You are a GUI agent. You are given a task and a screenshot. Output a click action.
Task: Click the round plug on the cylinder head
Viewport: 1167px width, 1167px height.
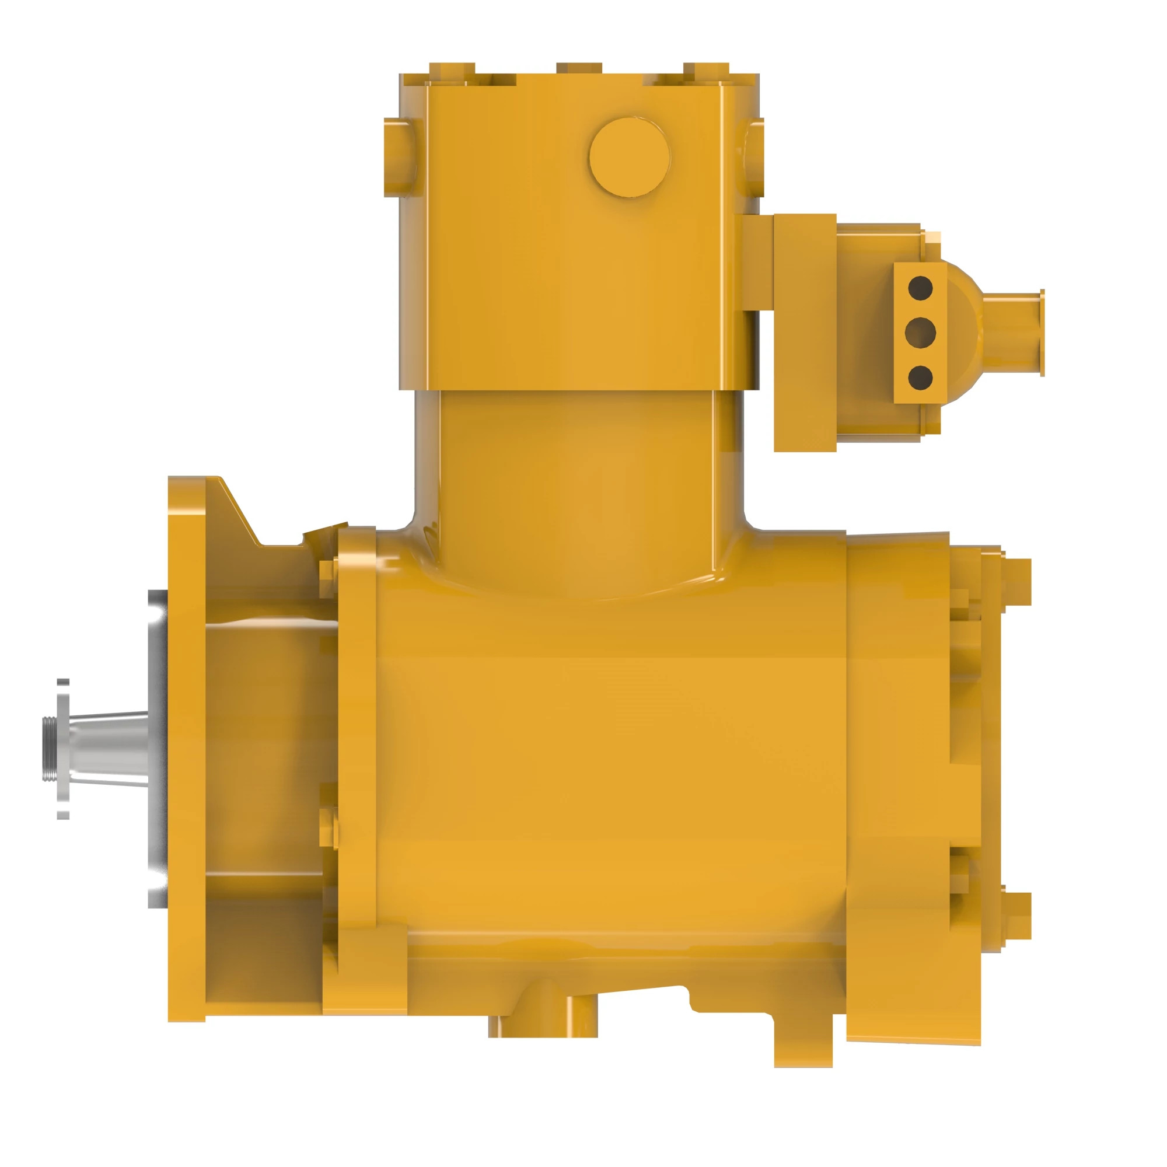click(x=630, y=157)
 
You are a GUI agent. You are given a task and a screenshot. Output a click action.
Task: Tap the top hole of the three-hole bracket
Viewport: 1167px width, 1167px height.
click(x=920, y=288)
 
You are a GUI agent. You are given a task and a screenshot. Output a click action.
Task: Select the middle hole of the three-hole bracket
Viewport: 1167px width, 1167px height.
click(x=920, y=331)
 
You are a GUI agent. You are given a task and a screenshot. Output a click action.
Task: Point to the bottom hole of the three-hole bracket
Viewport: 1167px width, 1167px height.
click(x=920, y=377)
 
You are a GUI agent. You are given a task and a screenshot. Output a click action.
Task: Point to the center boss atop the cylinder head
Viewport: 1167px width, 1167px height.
click(x=579, y=68)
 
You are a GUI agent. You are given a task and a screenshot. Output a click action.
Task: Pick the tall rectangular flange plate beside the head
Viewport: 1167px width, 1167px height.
click(x=805, y=332)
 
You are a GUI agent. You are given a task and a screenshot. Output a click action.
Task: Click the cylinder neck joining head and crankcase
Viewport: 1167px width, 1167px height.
click(x=579, y=477)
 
